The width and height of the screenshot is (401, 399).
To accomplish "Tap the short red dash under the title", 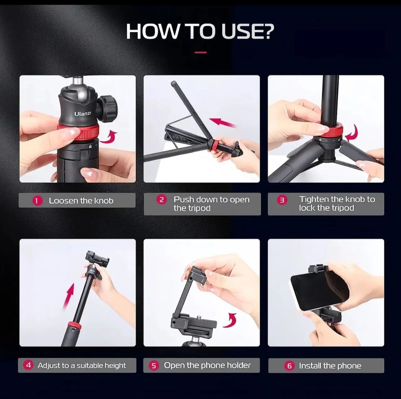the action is click(x=200, y=52).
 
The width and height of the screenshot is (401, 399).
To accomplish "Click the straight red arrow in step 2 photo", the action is click(x=223, y=123).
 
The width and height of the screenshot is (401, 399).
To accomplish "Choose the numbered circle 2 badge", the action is click(x=161, y=200).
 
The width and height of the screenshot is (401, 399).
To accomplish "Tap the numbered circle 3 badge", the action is click(x=282, y=200).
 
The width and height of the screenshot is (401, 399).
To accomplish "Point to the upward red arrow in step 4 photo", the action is click(x=69, y=296).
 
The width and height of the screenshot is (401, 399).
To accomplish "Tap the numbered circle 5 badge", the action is click(x=154, y=365).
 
